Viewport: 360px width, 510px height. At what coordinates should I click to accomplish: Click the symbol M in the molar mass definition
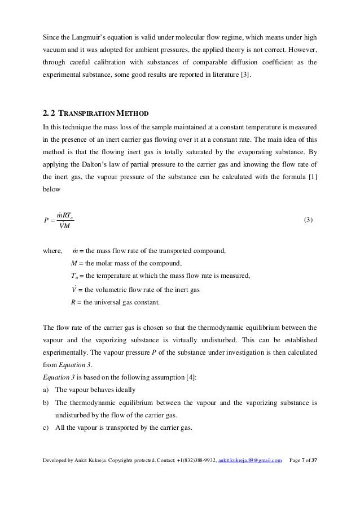[x=74, y=263]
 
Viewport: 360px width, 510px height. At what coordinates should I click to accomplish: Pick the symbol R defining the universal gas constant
[x=73, y=302]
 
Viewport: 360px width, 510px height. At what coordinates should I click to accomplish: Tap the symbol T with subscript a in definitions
[x=74, y=276]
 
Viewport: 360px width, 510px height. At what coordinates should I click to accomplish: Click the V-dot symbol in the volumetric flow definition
[x=73, y=289]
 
